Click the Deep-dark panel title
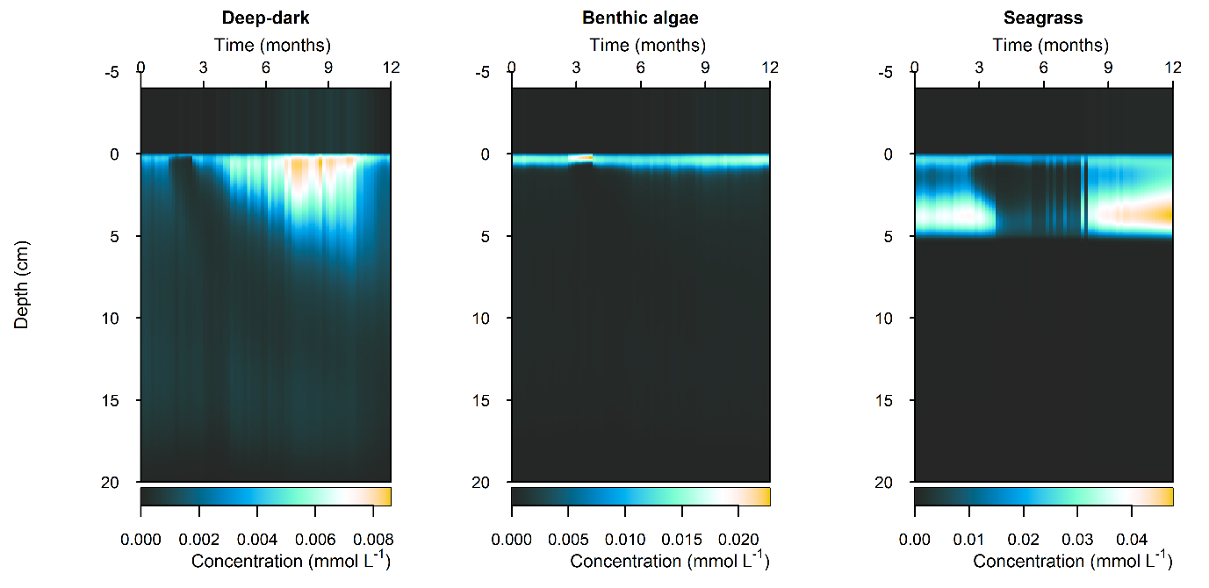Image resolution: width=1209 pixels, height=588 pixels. click(x=265, y=18)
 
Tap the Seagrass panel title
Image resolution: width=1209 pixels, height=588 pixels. click(x=1043, y=18)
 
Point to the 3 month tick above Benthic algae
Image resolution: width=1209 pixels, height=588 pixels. click(x=576, y=68)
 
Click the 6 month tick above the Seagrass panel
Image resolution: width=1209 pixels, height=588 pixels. click(x=1044, y=68)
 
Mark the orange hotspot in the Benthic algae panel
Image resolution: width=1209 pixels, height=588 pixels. click(x=585, y=157)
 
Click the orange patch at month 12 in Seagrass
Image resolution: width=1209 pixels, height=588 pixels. click(x=1163, y=212)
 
